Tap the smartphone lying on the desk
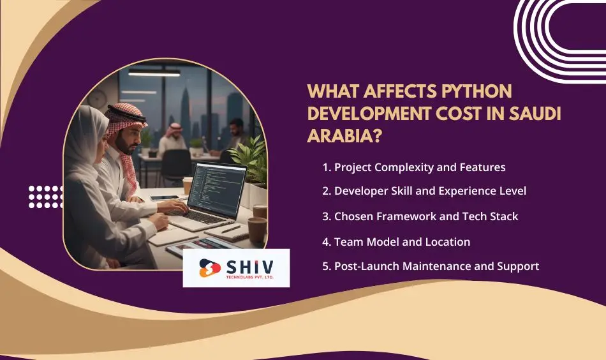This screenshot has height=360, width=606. tap(164, 199)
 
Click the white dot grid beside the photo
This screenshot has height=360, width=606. tap(46, 197)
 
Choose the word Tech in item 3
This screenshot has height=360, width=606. tap(482, 216)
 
